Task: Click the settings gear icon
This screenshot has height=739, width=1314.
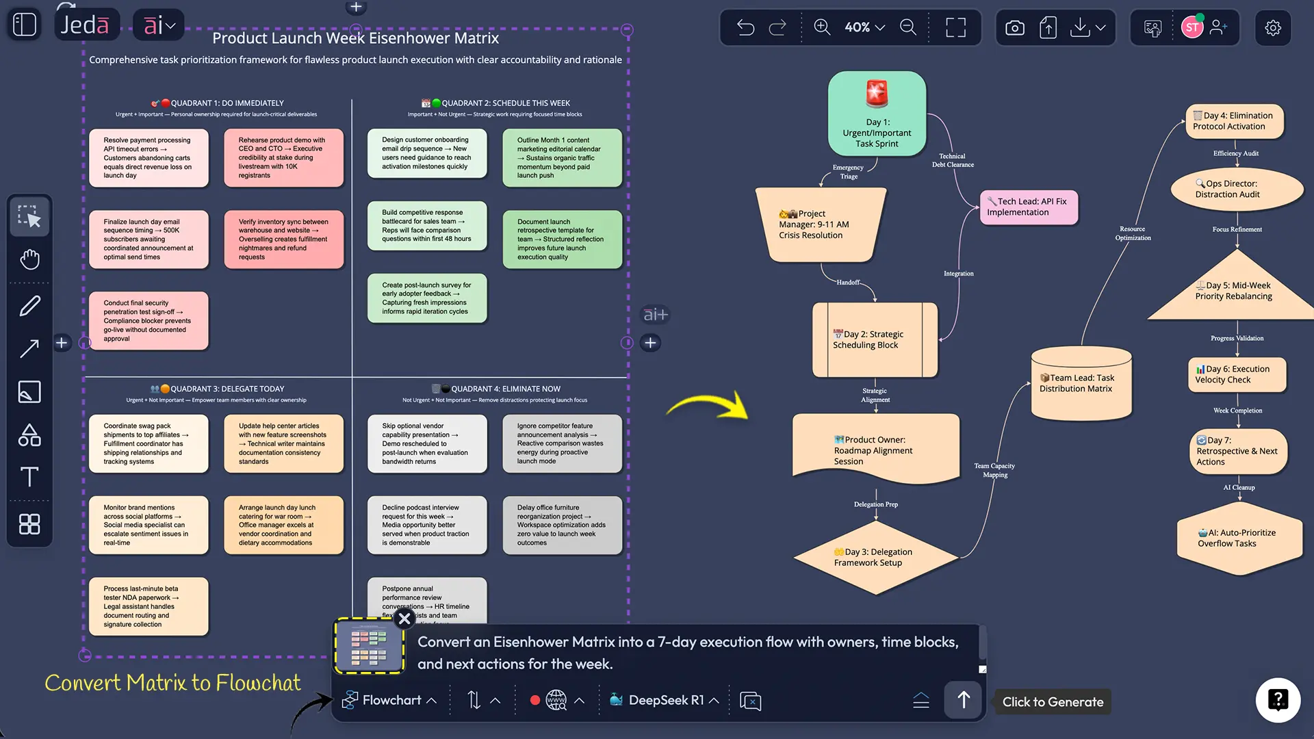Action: pyautogui.click(x=1272, y=28)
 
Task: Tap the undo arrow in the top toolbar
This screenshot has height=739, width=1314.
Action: pyautogui.click(x=745, y=27)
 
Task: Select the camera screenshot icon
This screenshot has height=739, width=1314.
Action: pyautogui.click(x=1014, y=28)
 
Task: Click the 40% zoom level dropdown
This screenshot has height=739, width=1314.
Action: pyautogui.click(x=864, y=27)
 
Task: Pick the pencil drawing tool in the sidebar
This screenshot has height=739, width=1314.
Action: pyautogui.click(x=29, y=306)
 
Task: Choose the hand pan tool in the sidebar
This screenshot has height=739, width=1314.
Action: pyautogui.click(x=29, y=259)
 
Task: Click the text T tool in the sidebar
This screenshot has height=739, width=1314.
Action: pyautogui.click(x=29, y=477)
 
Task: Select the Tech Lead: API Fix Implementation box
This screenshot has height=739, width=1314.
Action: pyautogui.click(x=1029, y=207)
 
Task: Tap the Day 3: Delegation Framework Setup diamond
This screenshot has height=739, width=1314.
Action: pyautogui.click(x=875, y=558)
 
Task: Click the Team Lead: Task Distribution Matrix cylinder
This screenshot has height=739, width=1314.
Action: pyautogui.click(x=1081, y=384)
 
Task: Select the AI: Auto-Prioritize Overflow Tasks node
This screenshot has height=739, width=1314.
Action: pyautogui.click(x=1238, y=539)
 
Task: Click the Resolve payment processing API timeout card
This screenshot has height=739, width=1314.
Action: pyautogui.click(x=149, y=158)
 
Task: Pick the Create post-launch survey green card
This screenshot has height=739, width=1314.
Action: pyautogui.click(x=427, y=298)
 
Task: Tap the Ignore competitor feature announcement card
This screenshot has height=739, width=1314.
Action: pyautogui.click(x=562, y=443)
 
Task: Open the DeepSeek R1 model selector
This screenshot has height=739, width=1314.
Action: pyautogui.click(x=665, y=700)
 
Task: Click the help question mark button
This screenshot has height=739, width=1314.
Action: pyautogui.click(x=1277, y=700)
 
